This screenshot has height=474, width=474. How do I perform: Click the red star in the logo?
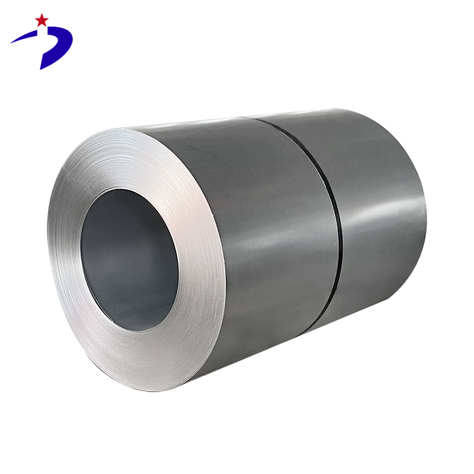click(x=41, y=20)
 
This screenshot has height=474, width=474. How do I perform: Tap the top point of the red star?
click(x=41, y=14)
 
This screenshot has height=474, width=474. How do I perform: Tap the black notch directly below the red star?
click(x=41, y=31)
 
